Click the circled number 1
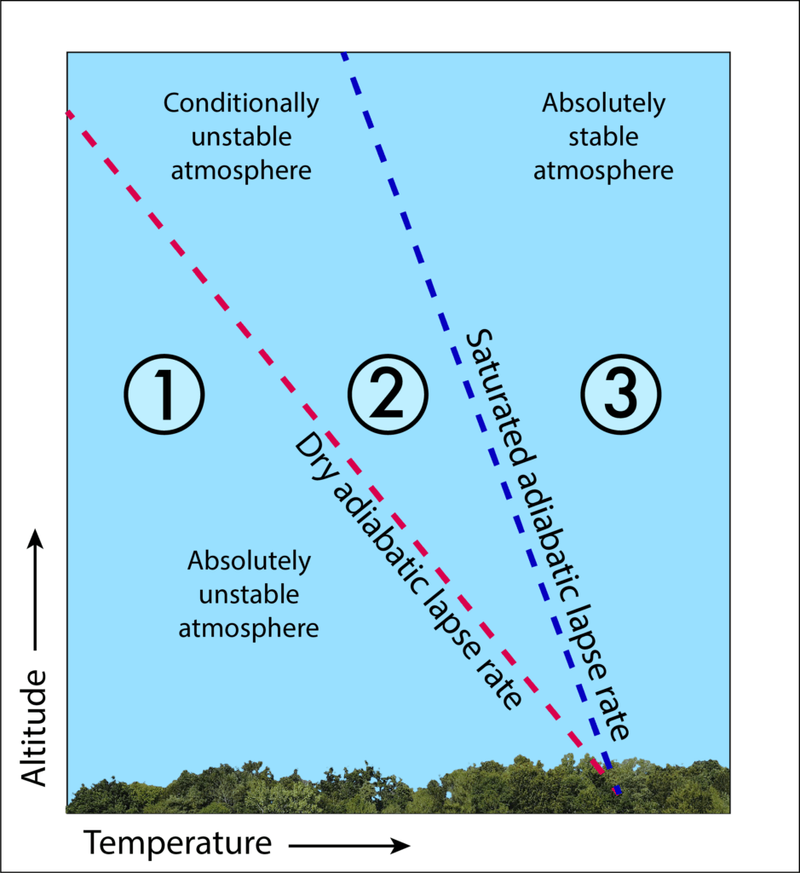coord(164,394)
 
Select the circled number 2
coord(388,394)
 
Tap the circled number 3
coord(621,394)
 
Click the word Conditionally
coord(241,103)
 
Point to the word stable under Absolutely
coord(603,136)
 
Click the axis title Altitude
coord(33,728)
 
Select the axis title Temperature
coord(178,842)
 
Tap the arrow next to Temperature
coord(349,846)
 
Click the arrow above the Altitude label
coord(36,589)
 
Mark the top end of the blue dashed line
coord(343,54)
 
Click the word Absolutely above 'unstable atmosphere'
coord(249,561)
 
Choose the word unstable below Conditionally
coord(241,137)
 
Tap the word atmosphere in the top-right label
coord(603,171)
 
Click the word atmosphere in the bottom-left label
coord(249,628)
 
